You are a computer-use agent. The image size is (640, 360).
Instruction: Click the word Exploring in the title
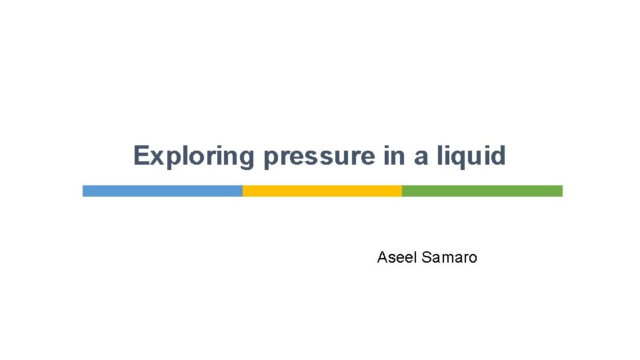194,156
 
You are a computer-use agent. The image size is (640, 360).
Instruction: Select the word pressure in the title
319,156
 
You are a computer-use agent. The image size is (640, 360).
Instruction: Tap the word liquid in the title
471,156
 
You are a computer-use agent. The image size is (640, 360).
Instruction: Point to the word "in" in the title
394,156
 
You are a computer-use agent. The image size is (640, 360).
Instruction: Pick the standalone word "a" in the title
421,157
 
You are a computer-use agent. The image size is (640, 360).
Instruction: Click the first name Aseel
397,257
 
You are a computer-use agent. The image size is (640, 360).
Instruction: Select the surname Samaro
450,257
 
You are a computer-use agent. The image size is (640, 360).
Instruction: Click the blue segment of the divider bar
162,191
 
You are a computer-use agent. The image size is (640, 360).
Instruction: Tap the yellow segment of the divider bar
322,191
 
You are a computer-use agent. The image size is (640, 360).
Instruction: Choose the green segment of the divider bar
482,191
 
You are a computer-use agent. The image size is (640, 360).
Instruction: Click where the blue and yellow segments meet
243,191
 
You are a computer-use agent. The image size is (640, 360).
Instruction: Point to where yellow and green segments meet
402,191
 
